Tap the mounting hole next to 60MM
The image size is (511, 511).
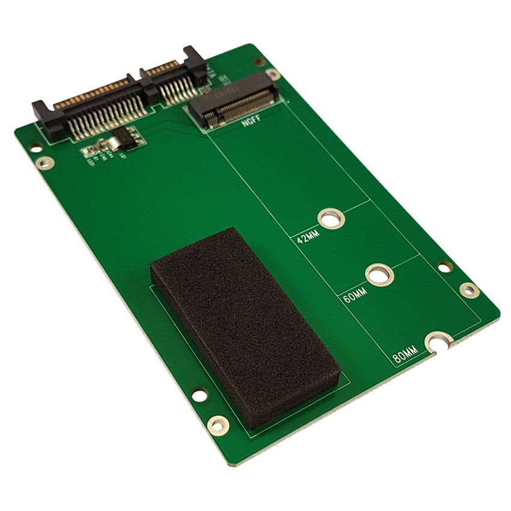click(x=379, y=275)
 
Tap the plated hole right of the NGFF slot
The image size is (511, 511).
click(x=274, y=74)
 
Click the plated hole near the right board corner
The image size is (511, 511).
click(x=469, y=290)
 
